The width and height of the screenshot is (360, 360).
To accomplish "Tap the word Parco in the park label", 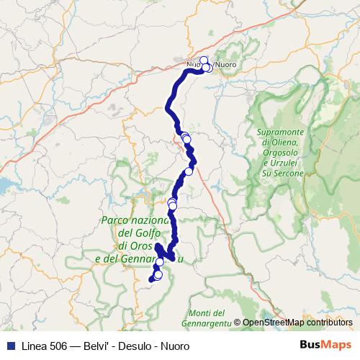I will tap(116, 221).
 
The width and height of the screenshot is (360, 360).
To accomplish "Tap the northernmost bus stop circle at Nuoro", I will tap(204, 60).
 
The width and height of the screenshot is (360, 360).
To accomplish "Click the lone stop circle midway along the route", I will tap(189, 171).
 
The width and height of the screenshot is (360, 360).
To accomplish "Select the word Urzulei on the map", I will tap(282, 163).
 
